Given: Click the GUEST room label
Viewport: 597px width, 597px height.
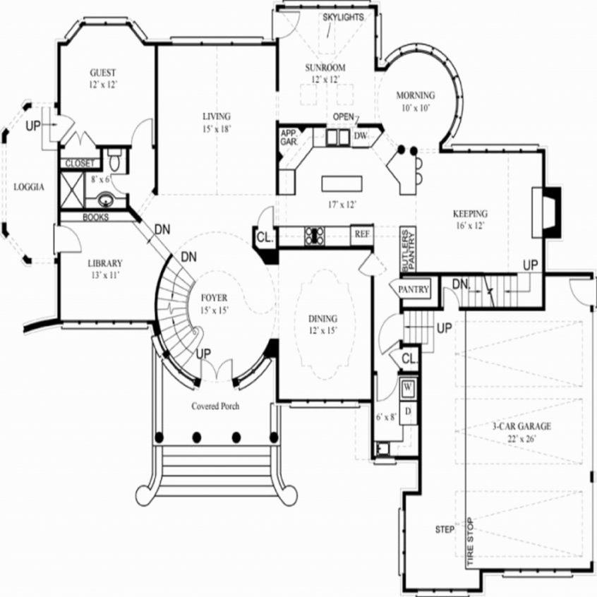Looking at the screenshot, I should (103, 73).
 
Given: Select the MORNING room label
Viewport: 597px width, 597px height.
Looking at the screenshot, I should (415, 96).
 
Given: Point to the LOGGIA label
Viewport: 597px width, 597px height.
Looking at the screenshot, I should (30, 187).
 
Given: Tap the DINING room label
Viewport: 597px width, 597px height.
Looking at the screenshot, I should (322, 318).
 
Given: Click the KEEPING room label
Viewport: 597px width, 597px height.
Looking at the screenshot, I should (470, 214).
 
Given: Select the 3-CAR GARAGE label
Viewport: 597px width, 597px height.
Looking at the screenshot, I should (521, 426).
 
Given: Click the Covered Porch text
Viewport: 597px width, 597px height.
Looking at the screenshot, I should (215, 406).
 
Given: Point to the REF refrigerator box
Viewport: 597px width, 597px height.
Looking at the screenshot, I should (362, 234).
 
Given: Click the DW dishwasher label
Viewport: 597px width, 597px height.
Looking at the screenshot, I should (361, 135).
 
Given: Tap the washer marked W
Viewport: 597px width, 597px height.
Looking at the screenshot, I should (408, 387).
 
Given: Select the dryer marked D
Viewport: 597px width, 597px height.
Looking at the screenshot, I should (408, 410).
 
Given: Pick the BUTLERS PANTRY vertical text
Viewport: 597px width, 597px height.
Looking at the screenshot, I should (408, 249).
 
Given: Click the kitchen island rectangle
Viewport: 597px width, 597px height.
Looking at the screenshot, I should (342, 183).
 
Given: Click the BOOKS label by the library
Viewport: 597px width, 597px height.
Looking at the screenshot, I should (95, 217).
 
